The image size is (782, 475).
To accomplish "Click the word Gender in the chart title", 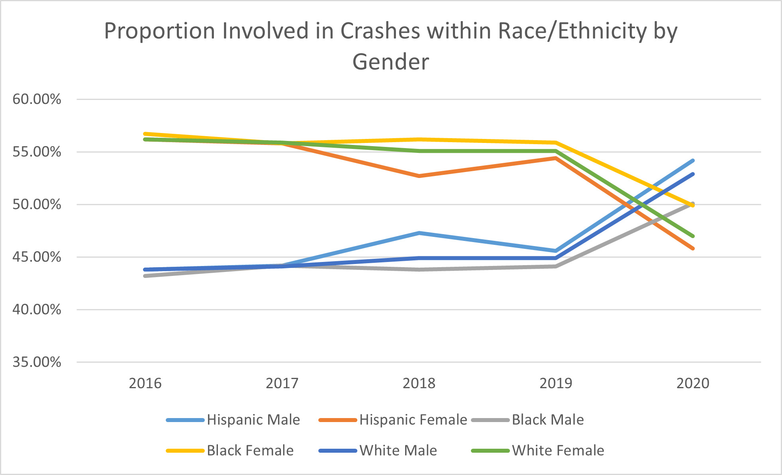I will pos(391,62).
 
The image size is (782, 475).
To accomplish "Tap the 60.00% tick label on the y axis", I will pos(37,99).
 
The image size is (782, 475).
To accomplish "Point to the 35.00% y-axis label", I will pos(37,362).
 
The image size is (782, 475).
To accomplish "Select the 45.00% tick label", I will pos(37,257).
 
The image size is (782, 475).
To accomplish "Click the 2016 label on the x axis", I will pos(145,383).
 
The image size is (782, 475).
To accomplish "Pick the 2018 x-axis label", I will pos(419,383).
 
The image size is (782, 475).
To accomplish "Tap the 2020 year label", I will pos(693,383).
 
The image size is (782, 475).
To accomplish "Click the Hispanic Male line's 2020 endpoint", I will pos(693,161).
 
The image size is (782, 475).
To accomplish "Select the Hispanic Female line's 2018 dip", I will pos(419,176).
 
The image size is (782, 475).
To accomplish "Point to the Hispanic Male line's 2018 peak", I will pos(419,233).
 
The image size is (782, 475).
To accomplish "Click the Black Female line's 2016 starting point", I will pos(145,134).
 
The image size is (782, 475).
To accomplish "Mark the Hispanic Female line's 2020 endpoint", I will pos(693,248).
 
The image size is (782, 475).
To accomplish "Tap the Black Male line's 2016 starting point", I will pos(145,276).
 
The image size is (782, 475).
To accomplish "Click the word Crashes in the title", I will pos(380,31).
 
